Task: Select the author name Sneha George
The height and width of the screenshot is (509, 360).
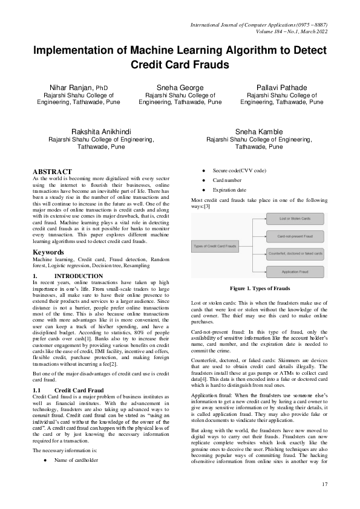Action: coord(180,88)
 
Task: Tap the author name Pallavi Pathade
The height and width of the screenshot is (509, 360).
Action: coord(281,88)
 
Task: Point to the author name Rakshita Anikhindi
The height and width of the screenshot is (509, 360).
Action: coord(101,132)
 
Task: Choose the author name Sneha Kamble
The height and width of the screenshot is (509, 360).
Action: coord(259,132)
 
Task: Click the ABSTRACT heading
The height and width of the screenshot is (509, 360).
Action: coord(52,172)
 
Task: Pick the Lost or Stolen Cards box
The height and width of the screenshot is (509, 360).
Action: coord(296,218)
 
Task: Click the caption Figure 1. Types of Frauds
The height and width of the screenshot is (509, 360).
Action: coord(259,288)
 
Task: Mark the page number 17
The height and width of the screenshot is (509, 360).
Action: coord(324,484)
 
